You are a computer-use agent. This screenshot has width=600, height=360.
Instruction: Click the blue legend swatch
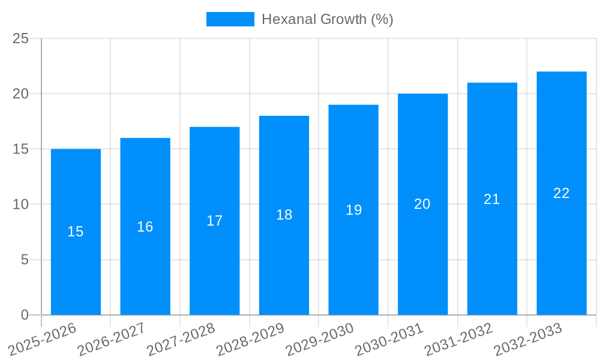click(x=230, y=19)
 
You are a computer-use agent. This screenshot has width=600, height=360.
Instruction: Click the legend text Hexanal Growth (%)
click(x=328, y=19)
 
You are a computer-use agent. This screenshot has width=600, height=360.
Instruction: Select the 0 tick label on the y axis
click(x=25, y=315)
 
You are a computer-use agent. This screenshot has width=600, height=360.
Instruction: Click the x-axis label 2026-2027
click(x=112, y=340)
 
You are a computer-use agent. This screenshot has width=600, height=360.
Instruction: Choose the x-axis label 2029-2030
click(x=320, y=340)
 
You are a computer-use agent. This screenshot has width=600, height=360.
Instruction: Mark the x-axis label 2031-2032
click(x=458, y=340)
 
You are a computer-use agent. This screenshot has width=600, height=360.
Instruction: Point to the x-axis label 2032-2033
click(x=528, y=340)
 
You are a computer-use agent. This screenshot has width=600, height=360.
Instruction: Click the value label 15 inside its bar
click(x=76, y=232)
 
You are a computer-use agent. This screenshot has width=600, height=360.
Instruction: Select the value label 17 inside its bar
click(x=215, y=221)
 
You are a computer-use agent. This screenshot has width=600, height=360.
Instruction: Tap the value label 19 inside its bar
click(x=354, y=210)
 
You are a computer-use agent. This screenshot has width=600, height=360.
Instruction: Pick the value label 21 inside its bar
click(x=492, y=199)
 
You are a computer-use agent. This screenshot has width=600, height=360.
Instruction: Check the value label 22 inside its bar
click(x=562, y=193)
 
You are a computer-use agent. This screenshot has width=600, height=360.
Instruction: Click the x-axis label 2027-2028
click(x=181, y=340)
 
